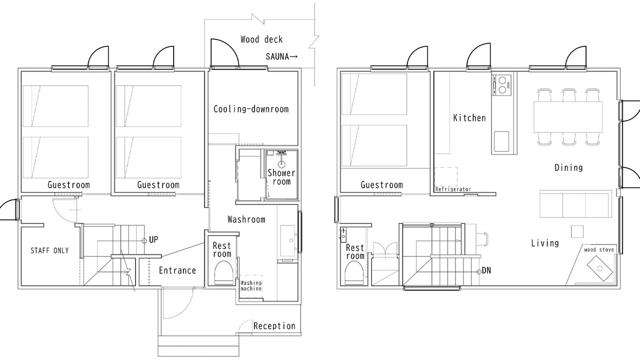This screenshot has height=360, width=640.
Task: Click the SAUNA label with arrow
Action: pos(281,56)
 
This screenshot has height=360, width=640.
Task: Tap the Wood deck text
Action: pos(261,39)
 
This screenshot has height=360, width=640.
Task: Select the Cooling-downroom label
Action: pos(251,109)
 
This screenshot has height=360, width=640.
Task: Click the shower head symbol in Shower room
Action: pos(281,163)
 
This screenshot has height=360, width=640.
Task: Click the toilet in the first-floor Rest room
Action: pos(224,272)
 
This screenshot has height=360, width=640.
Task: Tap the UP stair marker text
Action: pos(153,239)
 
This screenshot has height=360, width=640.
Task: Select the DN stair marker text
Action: pos(486,270)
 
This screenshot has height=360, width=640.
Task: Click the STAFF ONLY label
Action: pos(49,250)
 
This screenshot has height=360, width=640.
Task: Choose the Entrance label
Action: pos(177,270)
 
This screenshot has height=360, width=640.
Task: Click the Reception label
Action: pos(274,326)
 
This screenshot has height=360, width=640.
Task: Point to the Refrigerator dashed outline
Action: pos(445,177)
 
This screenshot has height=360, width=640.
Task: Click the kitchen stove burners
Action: pos(501,85)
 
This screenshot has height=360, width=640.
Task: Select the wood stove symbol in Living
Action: pos(600,268)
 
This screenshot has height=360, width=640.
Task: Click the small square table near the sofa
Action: pos(577,231)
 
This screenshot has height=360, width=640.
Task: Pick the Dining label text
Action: pos(568,167)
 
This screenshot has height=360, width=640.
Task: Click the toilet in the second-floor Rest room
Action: pos(354,273)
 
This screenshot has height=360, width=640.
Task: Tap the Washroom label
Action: pos(246,219)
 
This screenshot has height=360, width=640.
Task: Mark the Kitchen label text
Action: pos(469,117)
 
